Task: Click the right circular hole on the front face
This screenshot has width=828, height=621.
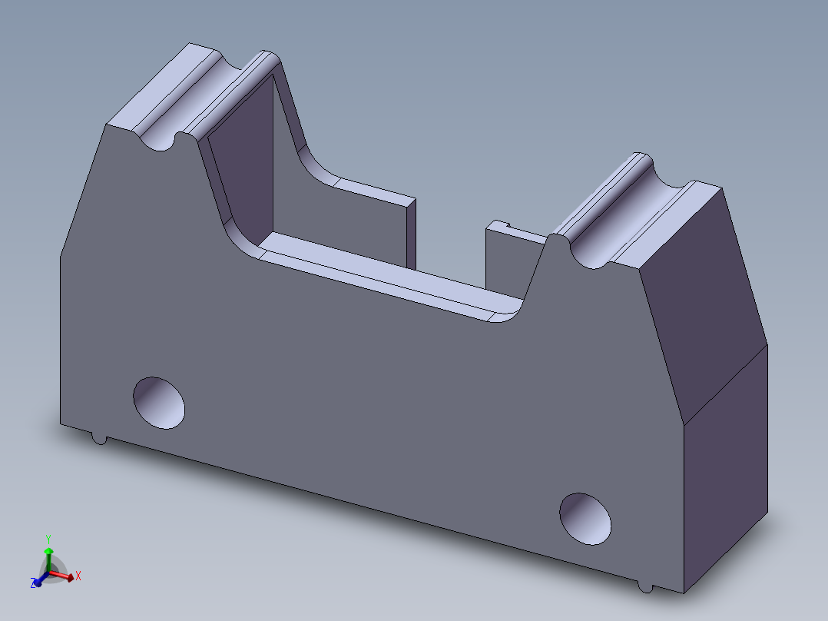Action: [585, 519]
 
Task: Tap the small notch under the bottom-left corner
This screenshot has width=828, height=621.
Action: [99, 439]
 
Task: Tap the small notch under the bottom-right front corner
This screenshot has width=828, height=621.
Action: [646, 587]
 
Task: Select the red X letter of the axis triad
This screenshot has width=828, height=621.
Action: [78, 575]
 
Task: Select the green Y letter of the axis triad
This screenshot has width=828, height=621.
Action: [48, 539]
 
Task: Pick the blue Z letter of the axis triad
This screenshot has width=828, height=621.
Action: [35, 584]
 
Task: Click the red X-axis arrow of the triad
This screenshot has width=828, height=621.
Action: [65, 574]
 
